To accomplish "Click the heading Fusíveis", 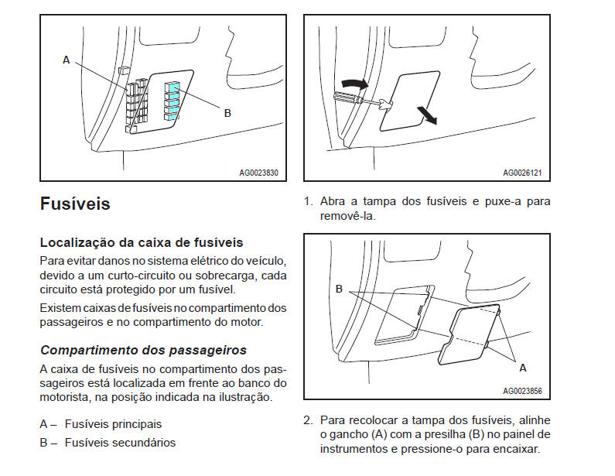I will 75,204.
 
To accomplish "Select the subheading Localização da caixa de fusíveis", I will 142,243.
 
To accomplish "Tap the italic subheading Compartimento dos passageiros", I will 143,350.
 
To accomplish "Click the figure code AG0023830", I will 258,173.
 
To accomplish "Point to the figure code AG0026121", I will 522,173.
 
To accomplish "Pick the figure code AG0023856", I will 522,392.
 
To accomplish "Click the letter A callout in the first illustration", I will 67,60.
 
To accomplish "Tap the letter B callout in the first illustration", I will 227,113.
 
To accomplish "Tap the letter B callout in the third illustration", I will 339,289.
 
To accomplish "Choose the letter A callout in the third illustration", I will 522,367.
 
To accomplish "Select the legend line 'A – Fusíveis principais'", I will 101,424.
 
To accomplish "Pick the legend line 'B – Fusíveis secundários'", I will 108,443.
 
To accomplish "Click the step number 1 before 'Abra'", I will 307,201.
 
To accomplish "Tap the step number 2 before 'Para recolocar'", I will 307,420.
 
